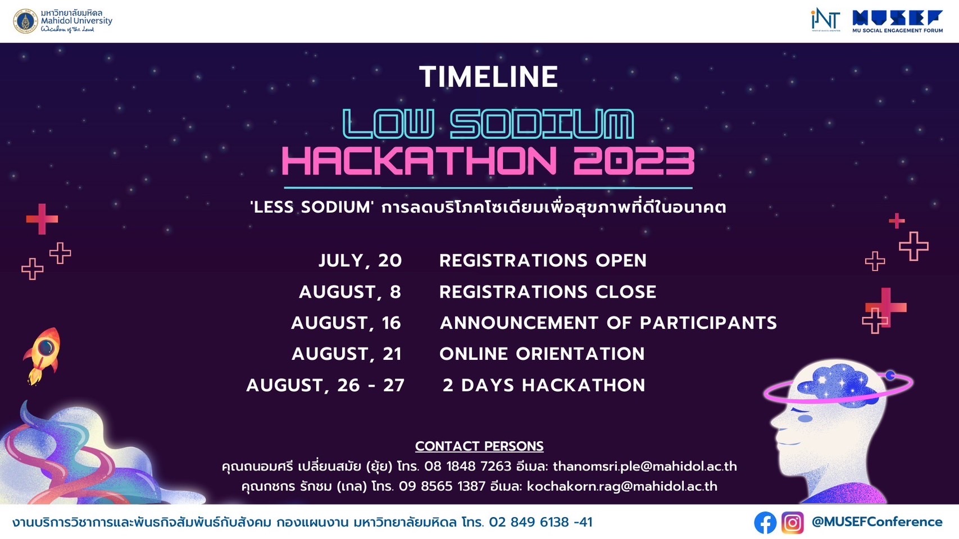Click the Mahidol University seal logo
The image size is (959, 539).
point(26,21)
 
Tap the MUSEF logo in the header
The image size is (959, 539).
point(897,21)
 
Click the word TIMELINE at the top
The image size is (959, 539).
point(489,77)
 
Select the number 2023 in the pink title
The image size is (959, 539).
point(634,161)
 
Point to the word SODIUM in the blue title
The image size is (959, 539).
point(543,124)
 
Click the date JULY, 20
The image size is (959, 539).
point(360,261)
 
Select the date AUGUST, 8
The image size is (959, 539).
point(350,292)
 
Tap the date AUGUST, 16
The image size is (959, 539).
point(346,323)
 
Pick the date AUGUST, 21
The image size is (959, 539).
point(347,354)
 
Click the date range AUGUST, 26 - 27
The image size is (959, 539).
point(325,385)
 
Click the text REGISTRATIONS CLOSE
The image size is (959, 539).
point(548,292)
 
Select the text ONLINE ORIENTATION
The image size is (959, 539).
point(542,354)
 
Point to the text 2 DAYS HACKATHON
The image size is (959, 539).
point(544,385)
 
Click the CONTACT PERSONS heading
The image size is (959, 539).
point(480,446)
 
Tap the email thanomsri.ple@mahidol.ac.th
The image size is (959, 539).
point(645,466)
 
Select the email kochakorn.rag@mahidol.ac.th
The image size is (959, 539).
point(622,486)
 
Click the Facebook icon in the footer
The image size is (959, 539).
point(765,522)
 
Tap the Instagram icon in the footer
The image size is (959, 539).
point(793,522)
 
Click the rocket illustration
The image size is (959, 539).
point(42,355)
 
